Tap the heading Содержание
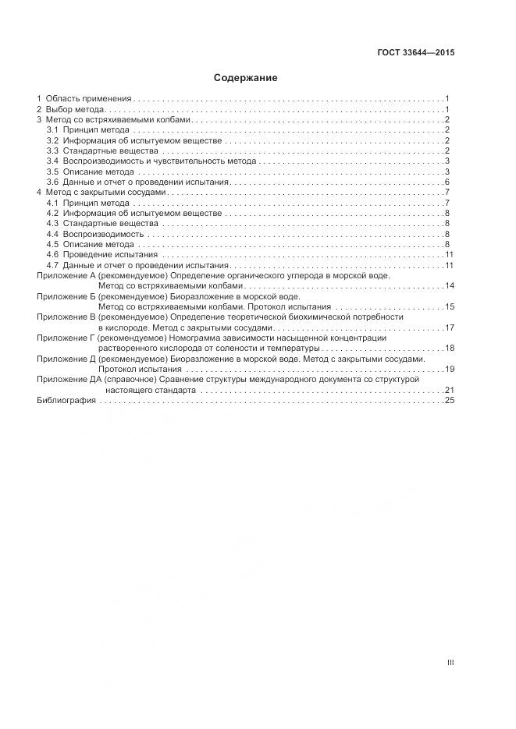(x=245, y=78)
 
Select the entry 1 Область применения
(x=84, y=99)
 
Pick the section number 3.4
(x=52, y=161)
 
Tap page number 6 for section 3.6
(x=447, y=182)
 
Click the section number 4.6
(x=52, y=255)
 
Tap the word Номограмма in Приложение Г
(x=194, y=338)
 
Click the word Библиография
(x=66, y=400)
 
